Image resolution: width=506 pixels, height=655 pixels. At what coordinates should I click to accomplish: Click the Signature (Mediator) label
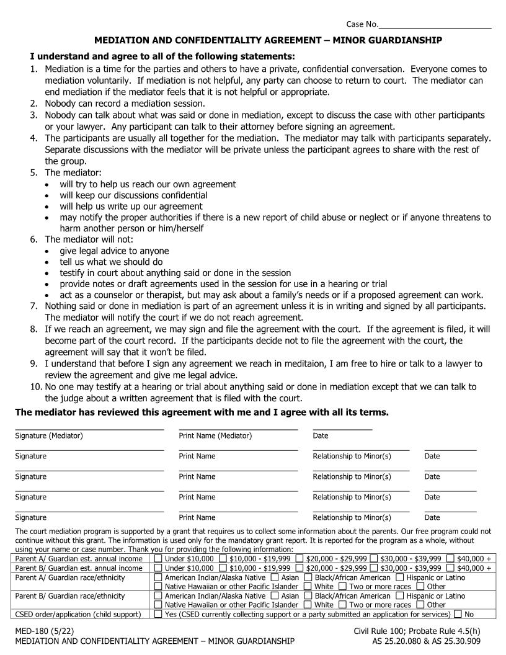[x=49, y=436]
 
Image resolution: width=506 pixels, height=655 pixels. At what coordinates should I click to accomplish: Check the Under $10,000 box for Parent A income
[x=158, y=559]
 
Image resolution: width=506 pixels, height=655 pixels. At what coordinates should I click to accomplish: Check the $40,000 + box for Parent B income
[x=450, y=568]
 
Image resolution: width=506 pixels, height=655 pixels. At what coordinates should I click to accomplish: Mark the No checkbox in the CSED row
[x=458, y=615]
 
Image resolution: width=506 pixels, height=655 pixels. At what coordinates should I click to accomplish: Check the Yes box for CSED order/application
[x=158, y=615]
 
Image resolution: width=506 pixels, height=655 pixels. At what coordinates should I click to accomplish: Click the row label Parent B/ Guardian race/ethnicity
[x=69, y=596]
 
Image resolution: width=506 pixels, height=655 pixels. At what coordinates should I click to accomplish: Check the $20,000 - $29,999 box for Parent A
[x=300, y=559]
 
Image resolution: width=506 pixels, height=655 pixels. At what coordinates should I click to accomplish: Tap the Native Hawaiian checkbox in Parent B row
[x=158, y=605]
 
